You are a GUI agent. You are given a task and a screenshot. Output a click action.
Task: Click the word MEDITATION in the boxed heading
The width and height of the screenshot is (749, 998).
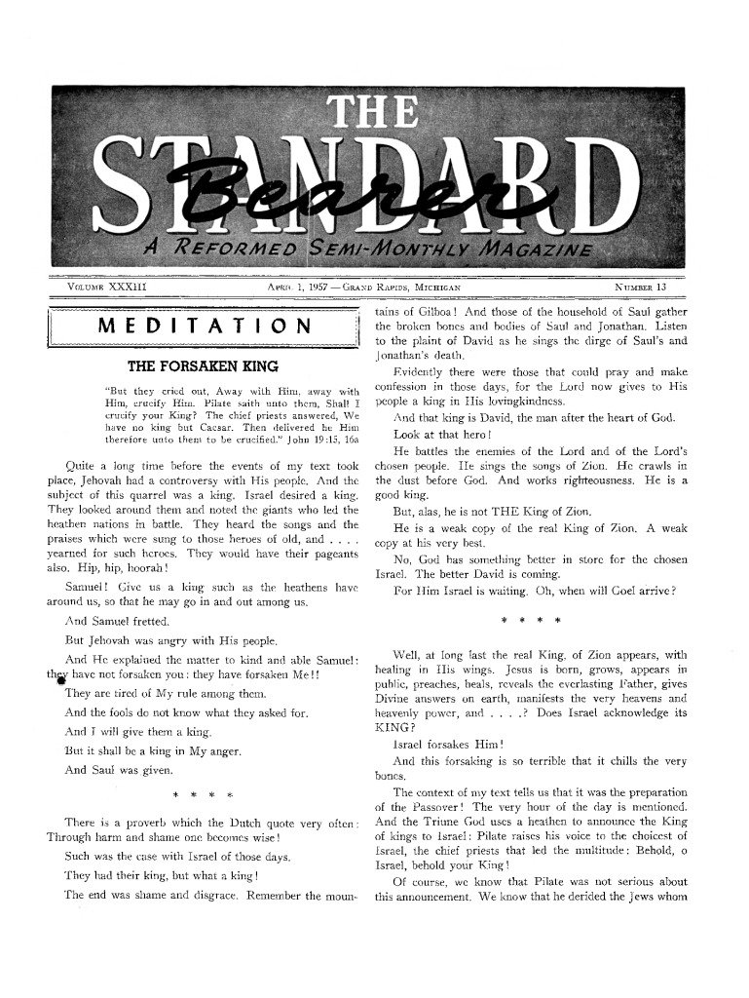point(205,326)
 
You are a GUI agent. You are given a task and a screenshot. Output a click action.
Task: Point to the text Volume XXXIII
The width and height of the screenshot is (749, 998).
point(106,288)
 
